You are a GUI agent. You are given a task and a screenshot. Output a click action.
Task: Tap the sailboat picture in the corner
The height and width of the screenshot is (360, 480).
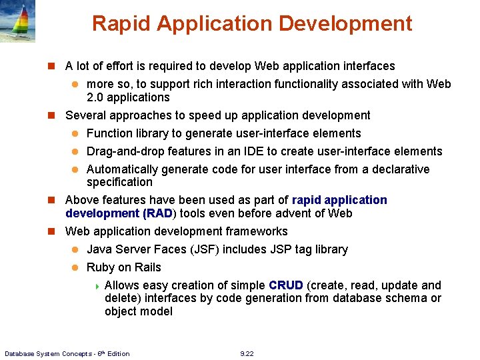[18, 21]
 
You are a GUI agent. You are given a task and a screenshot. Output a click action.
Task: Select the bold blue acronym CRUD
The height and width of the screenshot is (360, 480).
[286, 285]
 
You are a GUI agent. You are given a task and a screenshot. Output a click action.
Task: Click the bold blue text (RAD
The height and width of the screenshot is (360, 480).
[157, 213]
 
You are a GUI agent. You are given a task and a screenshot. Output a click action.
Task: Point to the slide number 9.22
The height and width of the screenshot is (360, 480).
[247, 353]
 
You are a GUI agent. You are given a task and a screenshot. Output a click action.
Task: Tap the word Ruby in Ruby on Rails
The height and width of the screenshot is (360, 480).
[101, 267]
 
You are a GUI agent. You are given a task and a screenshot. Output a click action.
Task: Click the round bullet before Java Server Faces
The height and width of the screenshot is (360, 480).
[76, 249]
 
